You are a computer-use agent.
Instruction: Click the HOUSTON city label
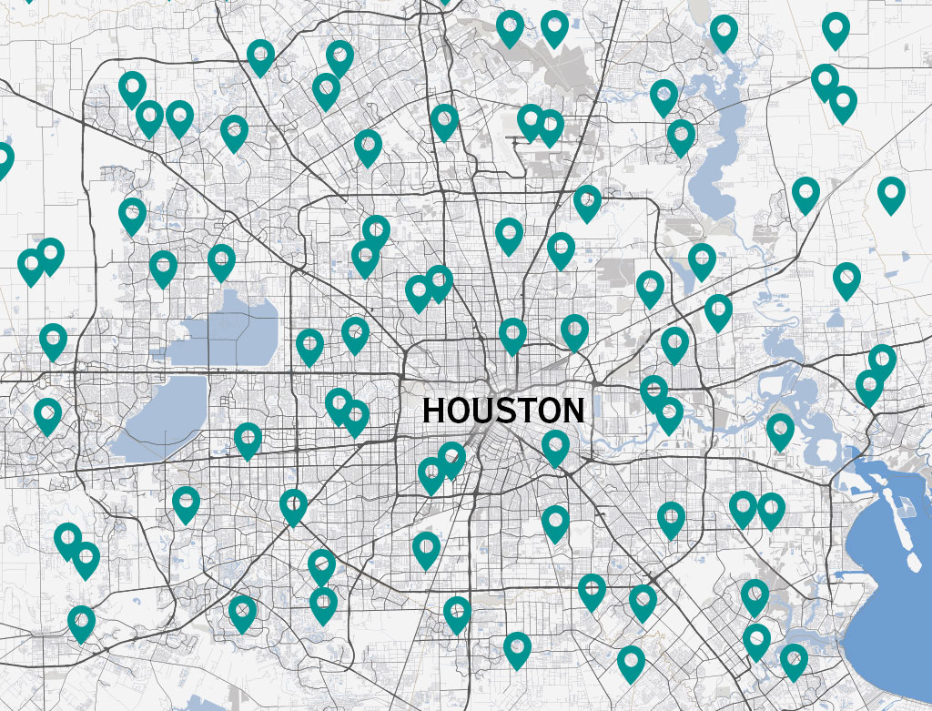[x=502, y=411]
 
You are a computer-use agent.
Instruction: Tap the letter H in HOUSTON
[x=434, y=411]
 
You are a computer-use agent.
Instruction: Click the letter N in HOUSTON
[x=571, y=411]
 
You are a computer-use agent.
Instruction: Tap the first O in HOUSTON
[x=456, y=411]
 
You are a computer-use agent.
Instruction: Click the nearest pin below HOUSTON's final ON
[x=555, y=445]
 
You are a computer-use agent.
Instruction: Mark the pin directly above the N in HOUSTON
[x=574, y=330]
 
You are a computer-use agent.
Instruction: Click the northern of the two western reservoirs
[x=228, y=328]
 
